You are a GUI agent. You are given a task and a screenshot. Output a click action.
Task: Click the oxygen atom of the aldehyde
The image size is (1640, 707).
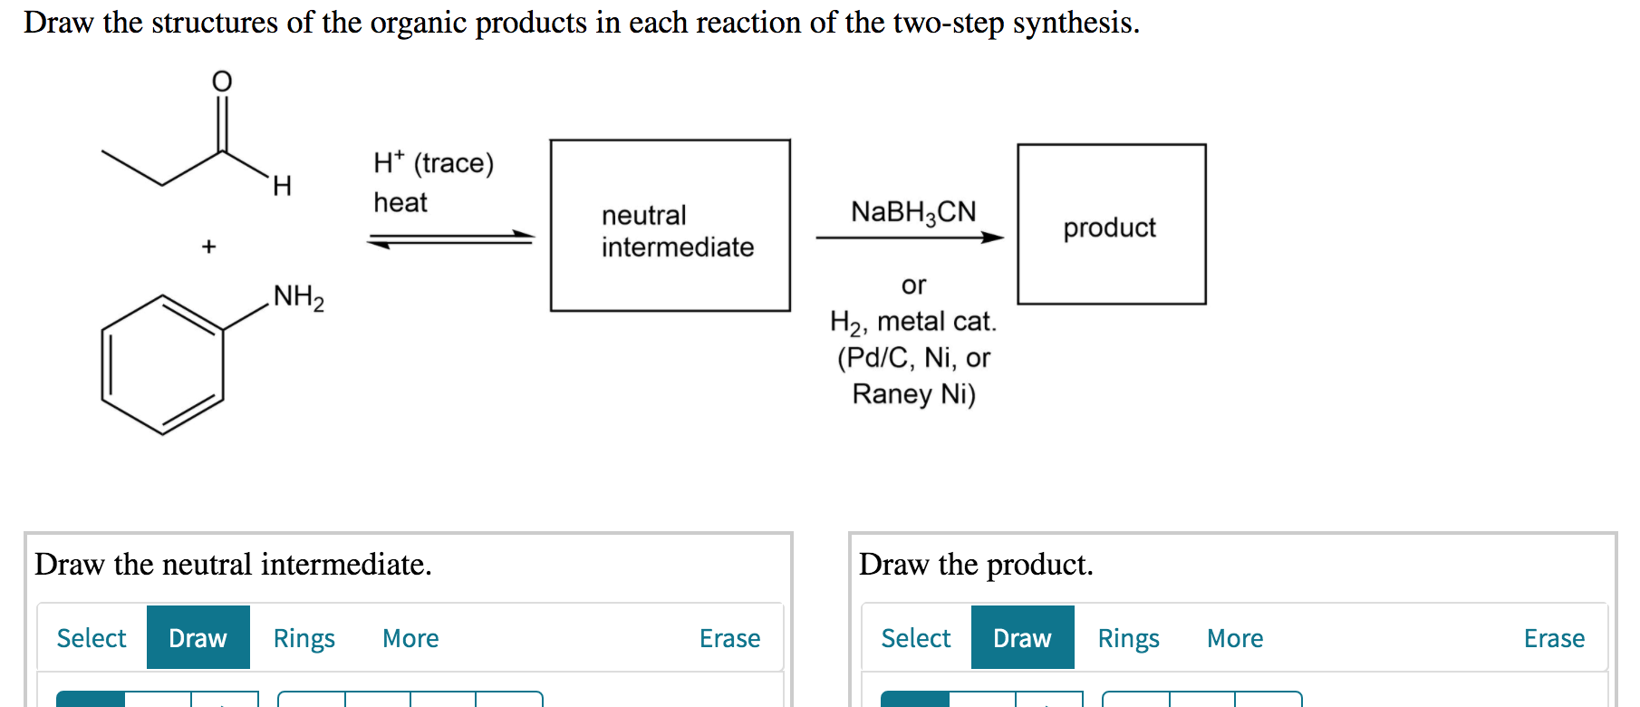(x=222, y=82)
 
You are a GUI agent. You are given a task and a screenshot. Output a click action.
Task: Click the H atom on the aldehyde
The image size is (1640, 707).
(x=282, y=187)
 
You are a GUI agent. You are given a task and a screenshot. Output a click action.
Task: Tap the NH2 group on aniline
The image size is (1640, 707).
(x=298, y=297)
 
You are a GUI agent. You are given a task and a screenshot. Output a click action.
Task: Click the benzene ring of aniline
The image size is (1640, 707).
(x=163, y=364)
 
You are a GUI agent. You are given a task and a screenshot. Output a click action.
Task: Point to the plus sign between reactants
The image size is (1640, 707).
(x=208, y=247)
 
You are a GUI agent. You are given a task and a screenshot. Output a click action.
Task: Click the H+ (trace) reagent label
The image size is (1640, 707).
(x=433, y=163)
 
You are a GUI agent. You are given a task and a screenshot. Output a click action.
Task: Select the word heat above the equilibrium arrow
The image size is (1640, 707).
(x=400, y=202)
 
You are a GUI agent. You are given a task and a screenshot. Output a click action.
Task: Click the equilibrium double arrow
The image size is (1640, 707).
(x=450, y=239)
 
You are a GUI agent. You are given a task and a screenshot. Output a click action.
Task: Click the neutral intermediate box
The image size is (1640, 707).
(x=670, y=226)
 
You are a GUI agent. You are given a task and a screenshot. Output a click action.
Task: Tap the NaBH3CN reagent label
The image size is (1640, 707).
(x=912, y=212)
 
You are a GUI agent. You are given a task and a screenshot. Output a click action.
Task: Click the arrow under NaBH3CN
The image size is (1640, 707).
(x=909, y=237)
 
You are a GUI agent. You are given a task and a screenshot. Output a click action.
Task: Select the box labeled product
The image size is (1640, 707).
(x=1111, y=225)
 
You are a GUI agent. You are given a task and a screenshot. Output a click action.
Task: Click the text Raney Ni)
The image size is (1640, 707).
(x=913, y=394)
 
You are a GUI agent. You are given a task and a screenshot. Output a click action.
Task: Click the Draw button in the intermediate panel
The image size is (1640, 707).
(x=198, y=638)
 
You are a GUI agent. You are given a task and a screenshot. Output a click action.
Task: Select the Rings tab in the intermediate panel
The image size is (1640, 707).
(x=304, y=638)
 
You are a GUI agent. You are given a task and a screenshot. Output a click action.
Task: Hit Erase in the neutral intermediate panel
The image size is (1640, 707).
(x=729, y=638)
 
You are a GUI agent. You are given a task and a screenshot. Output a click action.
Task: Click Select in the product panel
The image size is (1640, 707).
(x=915, y=638)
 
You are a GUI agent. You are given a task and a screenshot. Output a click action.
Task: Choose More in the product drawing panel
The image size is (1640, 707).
(x=1234, y=638)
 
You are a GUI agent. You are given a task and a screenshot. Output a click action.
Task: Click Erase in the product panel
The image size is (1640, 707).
(x=1554, y=638)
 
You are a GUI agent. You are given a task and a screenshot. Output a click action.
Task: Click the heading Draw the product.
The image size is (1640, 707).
(x=976, y=565)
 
